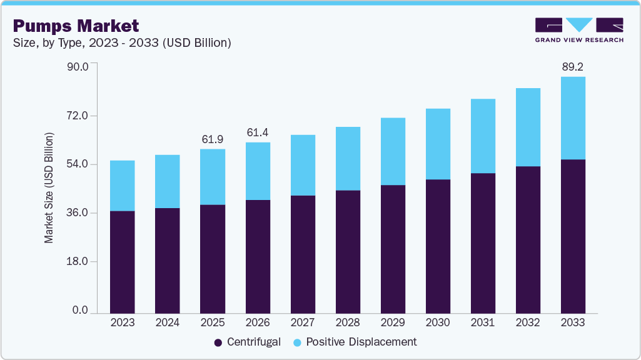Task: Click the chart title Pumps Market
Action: pyautogui.click(x=76, y=26)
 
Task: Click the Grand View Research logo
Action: pyautogui.click(x=579, y=30)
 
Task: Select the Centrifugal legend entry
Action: pyautogui.click(x=247, y=342)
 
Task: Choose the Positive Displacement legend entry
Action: pyautogui.click(x=354, y=342)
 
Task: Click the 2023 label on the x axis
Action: pyautogui.click(x=122, y=322)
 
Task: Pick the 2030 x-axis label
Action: pyautogui.click(x=438, y=322)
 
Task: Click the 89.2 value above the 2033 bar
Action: pyautogui.click(x=573, y=66)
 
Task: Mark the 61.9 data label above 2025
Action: pyautogui.click(x=213, y=139)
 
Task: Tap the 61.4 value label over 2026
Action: pyautogui.click(x=258, y=132)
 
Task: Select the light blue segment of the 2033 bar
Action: pyautogui.click(x=573, y=118)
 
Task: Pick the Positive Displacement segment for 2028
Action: pyautogui.click(x=348, y=158)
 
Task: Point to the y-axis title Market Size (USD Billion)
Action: pyautogui.click(x=49, y=187)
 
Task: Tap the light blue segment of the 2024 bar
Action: pyautogui.click(x=168, y=181)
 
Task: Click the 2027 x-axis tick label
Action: pyautogui.click(x=303, y=322)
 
